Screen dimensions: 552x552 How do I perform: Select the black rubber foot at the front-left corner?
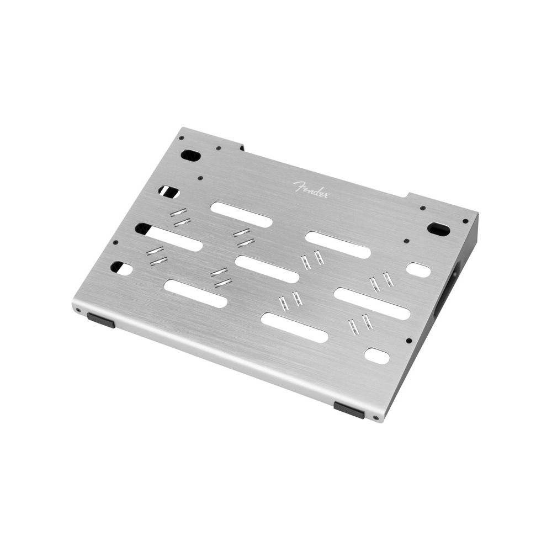click(x=101, y=320)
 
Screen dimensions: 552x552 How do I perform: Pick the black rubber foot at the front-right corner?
click(x=349, y=410)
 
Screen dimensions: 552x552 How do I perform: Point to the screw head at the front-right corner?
click(x=376, y=418)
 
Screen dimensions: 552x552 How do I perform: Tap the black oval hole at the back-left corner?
click(x=190, y=155)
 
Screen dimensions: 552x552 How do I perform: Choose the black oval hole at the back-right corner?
click(x=438, y=229)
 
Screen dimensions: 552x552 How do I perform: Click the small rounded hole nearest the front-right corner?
click(x=377, y=355)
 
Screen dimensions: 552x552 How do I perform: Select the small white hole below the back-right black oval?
click(x=418, y=270)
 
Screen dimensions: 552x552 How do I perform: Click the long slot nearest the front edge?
click(x=294, y=327)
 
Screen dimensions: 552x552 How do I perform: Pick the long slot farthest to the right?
click(x=372, y=303)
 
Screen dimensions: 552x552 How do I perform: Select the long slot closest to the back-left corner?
click(x=241, y=214)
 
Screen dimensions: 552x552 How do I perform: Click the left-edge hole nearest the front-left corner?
click(x=121, y=268)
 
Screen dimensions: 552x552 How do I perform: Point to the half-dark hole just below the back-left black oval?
click(x=168, y=192)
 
